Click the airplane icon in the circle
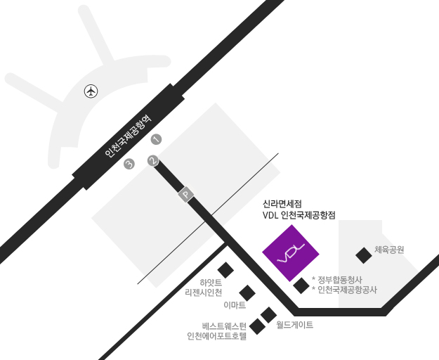pos(91,91)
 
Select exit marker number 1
pos(157,139)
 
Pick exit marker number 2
pos(153,161)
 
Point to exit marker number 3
pos(129,165)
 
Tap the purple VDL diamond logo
pos(291,253)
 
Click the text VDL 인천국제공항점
pos(299,214)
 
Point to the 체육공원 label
pos(390,250)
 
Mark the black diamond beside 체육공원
pos(363,255)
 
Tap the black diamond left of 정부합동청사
pos(301,285)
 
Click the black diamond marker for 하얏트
pos(225,270)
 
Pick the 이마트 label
pos(235,305)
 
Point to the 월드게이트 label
pos(294,325)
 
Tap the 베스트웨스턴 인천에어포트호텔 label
pos(218,330)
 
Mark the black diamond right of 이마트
pos(247,293)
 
